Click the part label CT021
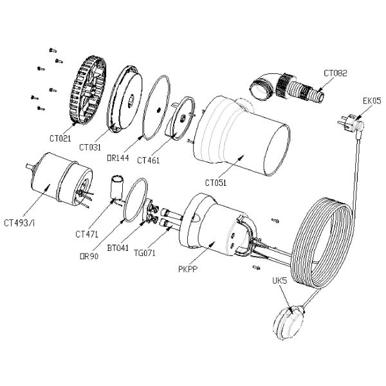click(60, 138)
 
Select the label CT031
click(90, 147)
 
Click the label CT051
click(216, 183)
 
